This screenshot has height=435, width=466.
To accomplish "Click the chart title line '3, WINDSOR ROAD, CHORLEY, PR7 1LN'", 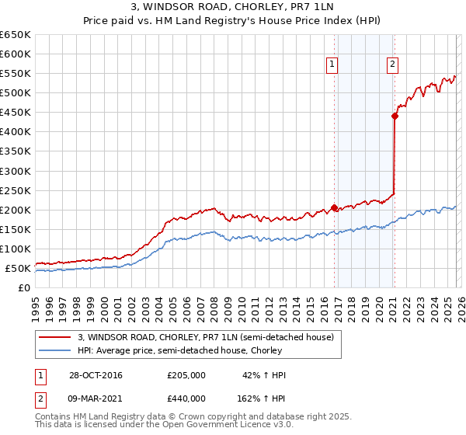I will (233, 7).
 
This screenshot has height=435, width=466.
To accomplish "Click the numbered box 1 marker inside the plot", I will (332, 64).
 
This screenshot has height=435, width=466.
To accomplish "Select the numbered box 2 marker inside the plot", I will (392, 64).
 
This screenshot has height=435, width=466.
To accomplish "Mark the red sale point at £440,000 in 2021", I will (395, 117).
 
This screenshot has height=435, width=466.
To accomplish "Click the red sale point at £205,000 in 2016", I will (335, 207).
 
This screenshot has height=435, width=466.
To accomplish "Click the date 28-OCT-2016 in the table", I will (96, 375).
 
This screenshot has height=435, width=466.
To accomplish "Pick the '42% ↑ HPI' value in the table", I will (264, 375).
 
